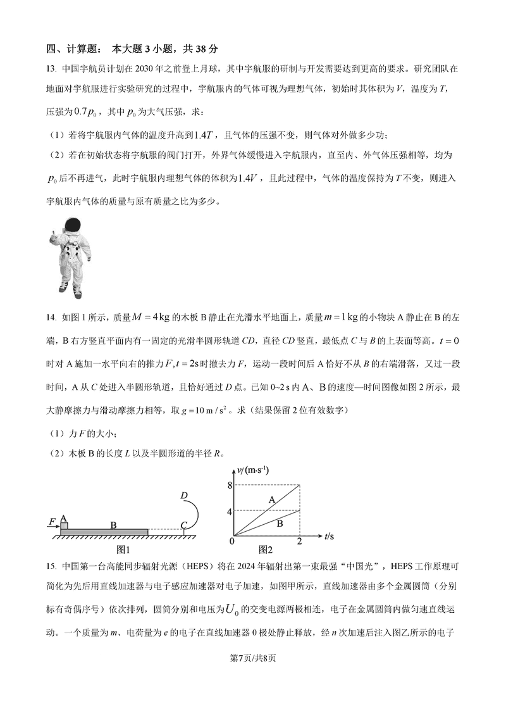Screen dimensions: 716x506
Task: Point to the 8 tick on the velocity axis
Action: coord(230,484)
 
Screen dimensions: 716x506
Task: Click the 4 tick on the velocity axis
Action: coord(230,510)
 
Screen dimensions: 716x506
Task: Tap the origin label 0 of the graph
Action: coord(231,541)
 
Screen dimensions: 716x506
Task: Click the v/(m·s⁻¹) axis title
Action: coord(249,469)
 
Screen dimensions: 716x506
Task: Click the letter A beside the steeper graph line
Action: coord(271,500)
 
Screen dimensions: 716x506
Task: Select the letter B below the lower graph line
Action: coord(279,523)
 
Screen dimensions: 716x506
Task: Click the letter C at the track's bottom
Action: coord(183,525)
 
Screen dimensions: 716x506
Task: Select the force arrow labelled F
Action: coord(53,522)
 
